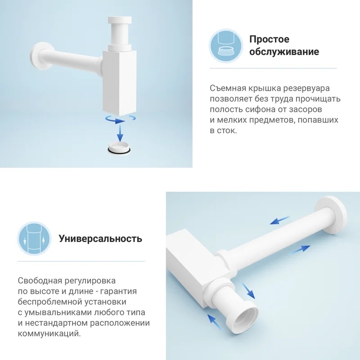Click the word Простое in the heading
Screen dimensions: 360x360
[x=269, y=39]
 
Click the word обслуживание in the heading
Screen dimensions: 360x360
[x=284, y=51]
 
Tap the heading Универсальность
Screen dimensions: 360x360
[x=100, y=239]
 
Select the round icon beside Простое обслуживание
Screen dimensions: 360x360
[x=226, y=46]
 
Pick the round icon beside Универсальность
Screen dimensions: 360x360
[x=34, y=239]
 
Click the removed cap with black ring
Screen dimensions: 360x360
[x=119, y=148]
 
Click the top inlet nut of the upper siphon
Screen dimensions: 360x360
[x=120, y=20]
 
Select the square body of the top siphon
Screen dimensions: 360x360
[x=119, y=83]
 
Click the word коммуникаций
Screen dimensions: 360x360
[x=49, y=333]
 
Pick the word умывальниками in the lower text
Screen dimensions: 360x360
[x=58, y=312]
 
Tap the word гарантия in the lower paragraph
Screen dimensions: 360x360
[x=119, y=292]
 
